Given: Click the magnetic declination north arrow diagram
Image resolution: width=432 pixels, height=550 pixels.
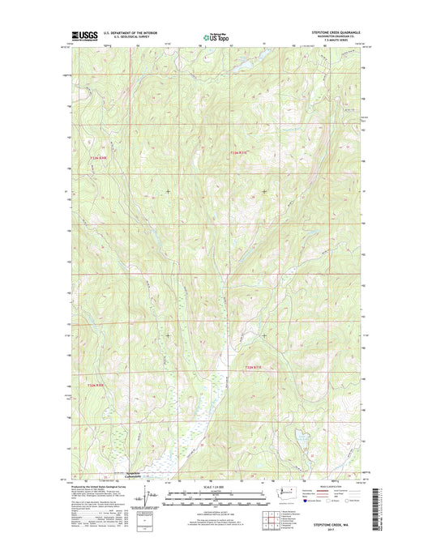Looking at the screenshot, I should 146,494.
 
